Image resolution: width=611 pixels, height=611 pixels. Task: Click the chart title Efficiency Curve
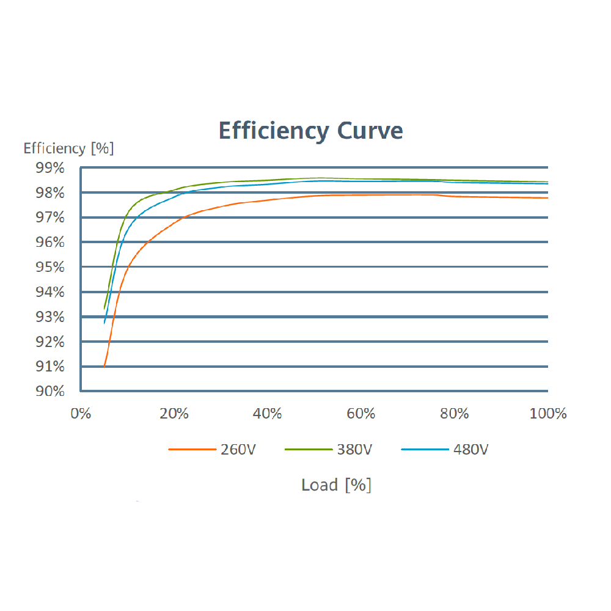[310, 131]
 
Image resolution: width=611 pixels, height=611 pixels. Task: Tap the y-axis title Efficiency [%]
[68, 148]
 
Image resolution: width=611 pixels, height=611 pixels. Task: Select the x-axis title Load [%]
[336, 485]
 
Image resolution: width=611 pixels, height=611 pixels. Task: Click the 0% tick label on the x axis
[81, 414]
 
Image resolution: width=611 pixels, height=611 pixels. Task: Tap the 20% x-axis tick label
[174, 414]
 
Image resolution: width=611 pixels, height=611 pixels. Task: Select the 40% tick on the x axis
[268, 414]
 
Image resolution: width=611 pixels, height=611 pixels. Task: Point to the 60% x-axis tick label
[361, 414]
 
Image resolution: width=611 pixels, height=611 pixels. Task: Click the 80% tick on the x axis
[455, 414]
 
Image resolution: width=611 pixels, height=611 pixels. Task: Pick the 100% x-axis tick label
[548, 414]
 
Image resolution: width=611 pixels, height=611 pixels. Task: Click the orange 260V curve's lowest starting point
[104, 367]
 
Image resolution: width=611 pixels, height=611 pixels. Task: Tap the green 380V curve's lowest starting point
[104, 308]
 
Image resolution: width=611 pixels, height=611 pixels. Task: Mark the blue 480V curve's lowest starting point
[104, 323]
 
